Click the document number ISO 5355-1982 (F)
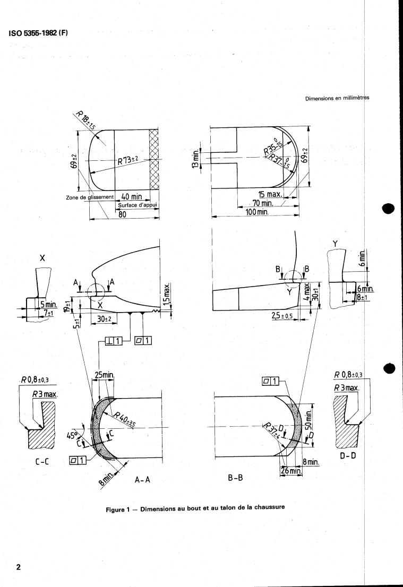point(38,33)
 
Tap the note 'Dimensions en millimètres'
point(337,99)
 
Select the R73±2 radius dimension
point(128,161)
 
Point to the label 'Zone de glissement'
point(90,197)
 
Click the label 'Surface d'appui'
point(138,205)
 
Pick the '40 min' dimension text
point(132,196)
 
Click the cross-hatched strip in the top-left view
point(154,160)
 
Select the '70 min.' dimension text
point(262,203)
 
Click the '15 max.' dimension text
point(270,194)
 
